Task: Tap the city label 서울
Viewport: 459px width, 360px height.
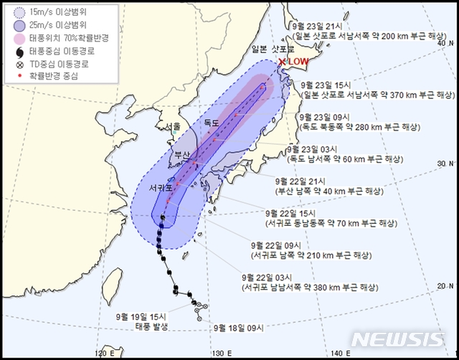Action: (173, 126)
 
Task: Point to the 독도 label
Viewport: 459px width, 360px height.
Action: (211, 123)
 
